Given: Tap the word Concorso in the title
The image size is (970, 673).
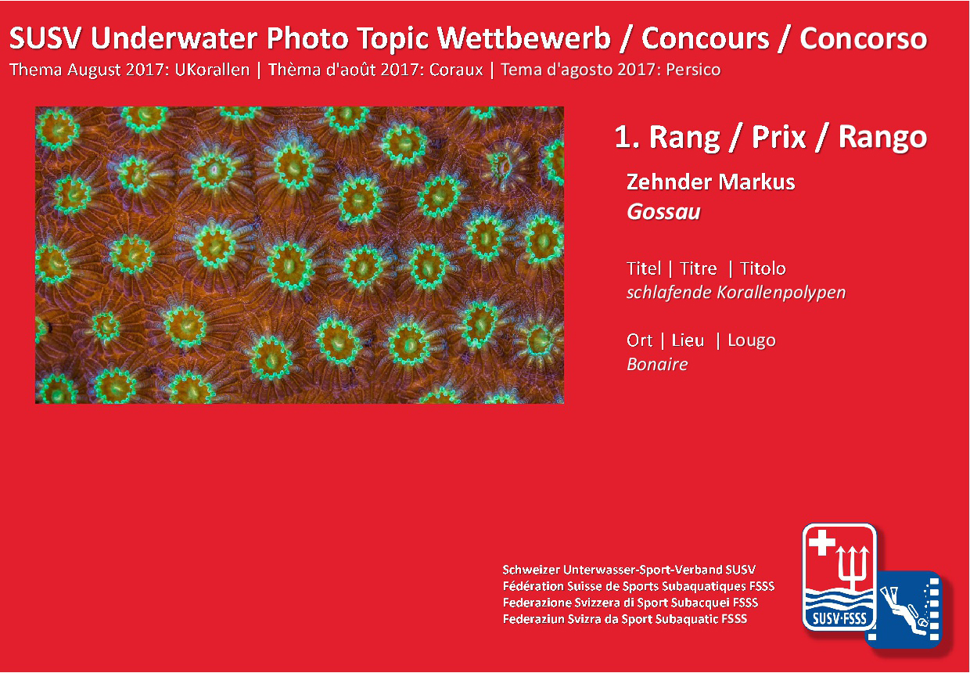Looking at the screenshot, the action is click(863, 38).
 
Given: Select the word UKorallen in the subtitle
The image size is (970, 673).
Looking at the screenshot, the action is click(212, 70).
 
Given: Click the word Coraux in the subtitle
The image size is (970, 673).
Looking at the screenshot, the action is click(456, 70).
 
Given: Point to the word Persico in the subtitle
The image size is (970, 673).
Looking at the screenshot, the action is click(693, 70).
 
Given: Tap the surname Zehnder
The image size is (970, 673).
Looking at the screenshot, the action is click(669, 182).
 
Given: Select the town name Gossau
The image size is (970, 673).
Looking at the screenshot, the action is click(663, 212).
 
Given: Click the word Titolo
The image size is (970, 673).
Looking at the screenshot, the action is click(763, 268).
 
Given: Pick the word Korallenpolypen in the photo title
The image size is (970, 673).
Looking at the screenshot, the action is click(781, 293).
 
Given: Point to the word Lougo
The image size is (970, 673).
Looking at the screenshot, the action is click(751, 341).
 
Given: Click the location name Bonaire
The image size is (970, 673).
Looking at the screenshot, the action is click(657, 365).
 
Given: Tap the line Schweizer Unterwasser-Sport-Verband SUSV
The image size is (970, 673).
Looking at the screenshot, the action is click(629, 570).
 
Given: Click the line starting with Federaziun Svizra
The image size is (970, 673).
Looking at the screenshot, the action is click(625, 619).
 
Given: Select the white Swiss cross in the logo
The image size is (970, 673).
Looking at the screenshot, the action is click(821, 542).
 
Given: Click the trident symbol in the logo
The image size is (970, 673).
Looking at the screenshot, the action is click(852, 568).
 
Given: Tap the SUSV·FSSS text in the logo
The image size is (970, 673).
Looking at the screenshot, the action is click(839, 618).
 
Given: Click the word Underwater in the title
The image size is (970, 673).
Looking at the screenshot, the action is click(174, 38).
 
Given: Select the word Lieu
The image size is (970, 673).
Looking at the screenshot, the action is click(688, 341).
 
